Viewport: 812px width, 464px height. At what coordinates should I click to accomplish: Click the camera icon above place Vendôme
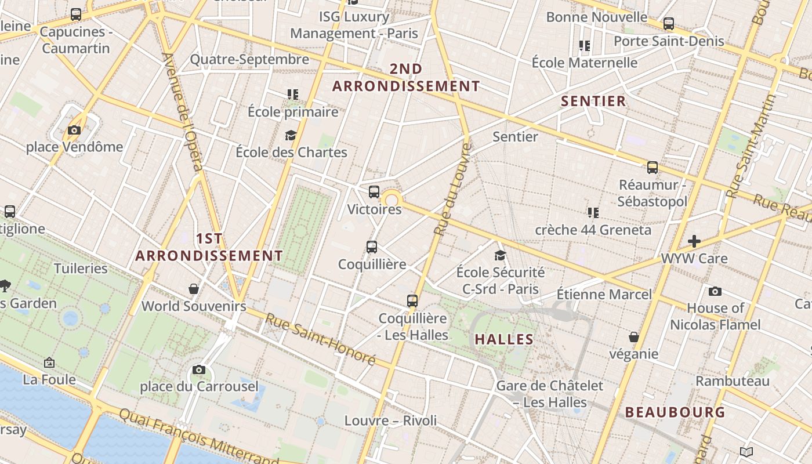click(74, 130)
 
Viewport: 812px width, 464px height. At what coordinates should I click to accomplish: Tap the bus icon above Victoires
click(374, 191)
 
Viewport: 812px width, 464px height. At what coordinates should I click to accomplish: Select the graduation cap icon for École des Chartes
click(291, 136)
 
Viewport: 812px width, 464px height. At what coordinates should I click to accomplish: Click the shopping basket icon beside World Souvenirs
click(194, 288)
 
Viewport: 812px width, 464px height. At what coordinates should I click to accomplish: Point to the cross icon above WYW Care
click(694, 241)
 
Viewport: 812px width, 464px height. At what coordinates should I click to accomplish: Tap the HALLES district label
click(504, 339)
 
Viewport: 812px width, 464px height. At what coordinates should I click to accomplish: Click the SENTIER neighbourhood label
click(593, 101)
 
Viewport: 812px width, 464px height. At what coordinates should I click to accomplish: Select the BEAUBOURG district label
click(675, 412)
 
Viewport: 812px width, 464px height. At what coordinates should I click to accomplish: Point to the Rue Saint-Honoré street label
click(321, 339)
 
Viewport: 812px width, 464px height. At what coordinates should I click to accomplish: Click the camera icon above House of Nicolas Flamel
click(715, 291)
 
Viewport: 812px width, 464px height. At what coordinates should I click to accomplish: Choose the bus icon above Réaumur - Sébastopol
click(652, 168)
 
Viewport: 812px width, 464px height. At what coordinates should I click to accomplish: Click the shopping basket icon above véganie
click(634, 337)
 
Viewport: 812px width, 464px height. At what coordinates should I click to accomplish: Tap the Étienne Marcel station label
click(604, 294)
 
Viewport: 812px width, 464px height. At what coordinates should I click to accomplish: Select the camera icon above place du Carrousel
click(199, 369)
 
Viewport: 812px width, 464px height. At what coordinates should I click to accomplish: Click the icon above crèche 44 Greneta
click(593, 213)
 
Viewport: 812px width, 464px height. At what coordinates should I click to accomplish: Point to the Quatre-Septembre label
click(249, 60)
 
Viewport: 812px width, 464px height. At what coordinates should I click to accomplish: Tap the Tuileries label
click(81, 269)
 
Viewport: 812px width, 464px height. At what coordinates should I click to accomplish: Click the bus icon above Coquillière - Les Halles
click(412, 301)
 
